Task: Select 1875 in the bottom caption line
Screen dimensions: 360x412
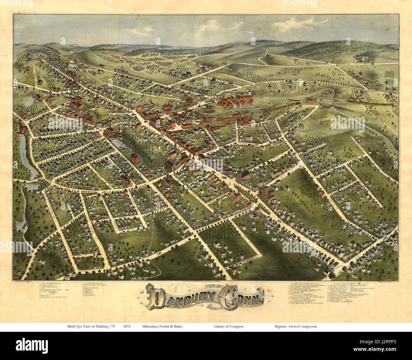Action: click(127, 326)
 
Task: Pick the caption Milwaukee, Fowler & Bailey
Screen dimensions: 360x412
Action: click(162, 326)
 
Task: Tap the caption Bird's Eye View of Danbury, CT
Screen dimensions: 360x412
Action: click(91, 326)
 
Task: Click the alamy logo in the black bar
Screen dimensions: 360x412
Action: click(32, 345)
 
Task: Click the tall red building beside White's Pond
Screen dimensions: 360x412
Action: click(135, 158)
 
